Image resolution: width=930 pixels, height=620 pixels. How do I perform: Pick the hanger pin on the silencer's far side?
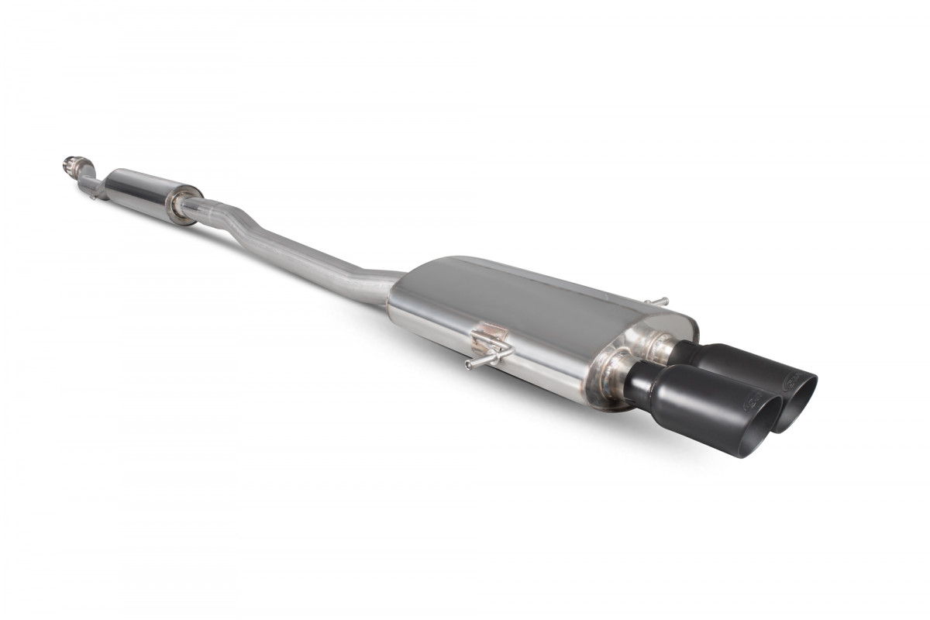657,300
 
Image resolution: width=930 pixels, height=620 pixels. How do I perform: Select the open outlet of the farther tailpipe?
802,403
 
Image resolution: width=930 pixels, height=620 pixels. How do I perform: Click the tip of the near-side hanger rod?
469,365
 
